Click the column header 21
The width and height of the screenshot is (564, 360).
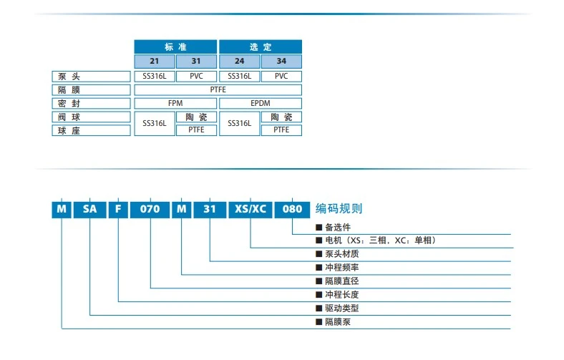coord(155,62)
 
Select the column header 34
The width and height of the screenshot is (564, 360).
coord(281,62)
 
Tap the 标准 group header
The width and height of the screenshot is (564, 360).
coord(175,47)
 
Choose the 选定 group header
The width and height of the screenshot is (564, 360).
coord(261,47)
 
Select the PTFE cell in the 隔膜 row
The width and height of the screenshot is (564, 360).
coord(218,90)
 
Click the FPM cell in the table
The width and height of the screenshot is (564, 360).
coord(175,104)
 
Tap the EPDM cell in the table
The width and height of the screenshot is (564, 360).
coord(261,104)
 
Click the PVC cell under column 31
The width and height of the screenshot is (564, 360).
coord(196,76)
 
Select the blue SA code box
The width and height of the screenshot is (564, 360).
coord(89,209)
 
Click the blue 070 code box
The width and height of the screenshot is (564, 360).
coord(150,209)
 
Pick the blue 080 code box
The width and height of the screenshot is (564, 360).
coord(293,209)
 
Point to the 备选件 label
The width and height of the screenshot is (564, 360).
coord(337,227)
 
